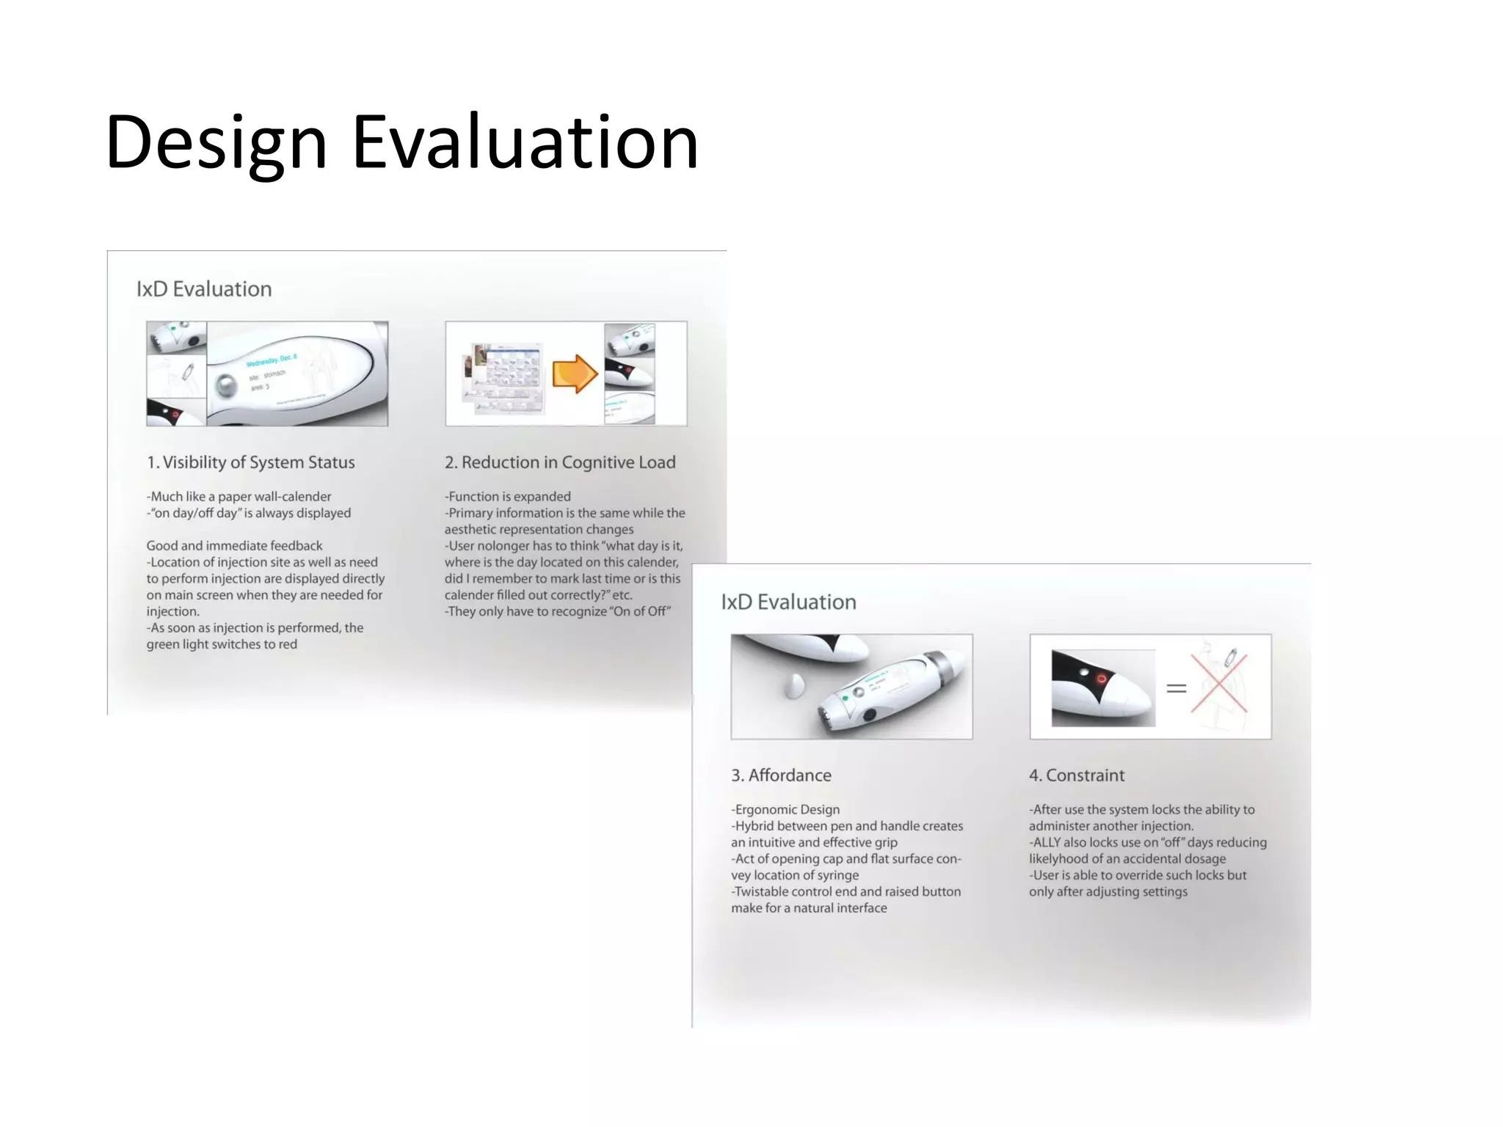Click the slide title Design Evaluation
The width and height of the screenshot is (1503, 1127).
click(401, 142)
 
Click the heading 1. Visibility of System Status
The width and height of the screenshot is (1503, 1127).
click(250, 462)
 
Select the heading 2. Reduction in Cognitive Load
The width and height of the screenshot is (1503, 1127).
click(559, 462)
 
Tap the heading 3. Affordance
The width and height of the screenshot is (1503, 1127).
click(781, 776)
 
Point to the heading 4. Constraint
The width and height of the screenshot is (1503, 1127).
click(1076, 776)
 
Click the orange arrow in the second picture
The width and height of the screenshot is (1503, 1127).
click(574, 373)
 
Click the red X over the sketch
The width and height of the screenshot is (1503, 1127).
click(1219, 683)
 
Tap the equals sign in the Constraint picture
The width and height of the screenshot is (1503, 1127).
click(1176, 688)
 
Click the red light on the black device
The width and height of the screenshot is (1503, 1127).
click(1101, 679)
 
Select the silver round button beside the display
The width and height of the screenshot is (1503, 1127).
click(227, 385)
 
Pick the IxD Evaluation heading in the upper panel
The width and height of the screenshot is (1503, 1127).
click(204, 289)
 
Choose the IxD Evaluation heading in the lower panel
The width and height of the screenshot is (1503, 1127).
click(788, 602)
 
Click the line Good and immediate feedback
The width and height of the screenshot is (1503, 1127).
click(234, 546)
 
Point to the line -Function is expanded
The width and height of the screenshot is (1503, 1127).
click(507, 497)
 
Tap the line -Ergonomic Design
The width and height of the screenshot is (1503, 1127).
click(785, 809)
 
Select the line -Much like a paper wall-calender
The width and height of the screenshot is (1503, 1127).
click(239, 497)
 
